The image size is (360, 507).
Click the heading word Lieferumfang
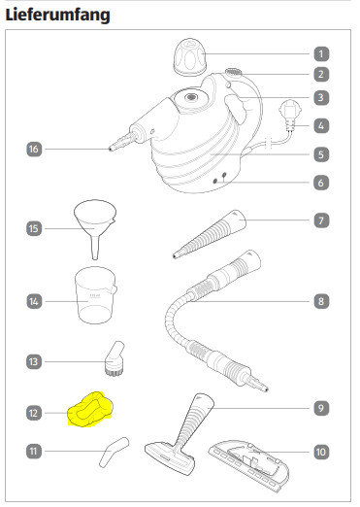(x=58, y=15)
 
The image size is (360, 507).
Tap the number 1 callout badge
(x=321, y=53)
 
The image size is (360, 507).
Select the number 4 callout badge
(x=321, y=125)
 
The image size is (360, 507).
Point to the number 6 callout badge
(x=321, y=183)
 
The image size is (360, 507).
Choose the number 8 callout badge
(x=321, y=301)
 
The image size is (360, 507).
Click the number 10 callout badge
(x=321, y=452)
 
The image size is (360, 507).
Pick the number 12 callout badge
(x=34, y=413)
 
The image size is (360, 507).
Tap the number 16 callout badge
(x=34, y=149)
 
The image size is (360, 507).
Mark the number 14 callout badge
(x=34, y=301)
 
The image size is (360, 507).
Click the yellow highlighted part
(x=90, y=409)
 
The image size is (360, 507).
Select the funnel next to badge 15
(x=95, y=229)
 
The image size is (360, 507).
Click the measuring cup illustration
(x=95, y=295)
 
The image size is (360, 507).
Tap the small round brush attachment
(x=115, y=358)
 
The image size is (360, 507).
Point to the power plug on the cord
(x=290, y=116)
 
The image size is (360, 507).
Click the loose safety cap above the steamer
(x=190, y=57)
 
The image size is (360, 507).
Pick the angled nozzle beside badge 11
(x=114, y=453)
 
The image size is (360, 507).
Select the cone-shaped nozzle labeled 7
(x=210, y=234)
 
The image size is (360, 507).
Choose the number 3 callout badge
(x=321, y=97)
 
